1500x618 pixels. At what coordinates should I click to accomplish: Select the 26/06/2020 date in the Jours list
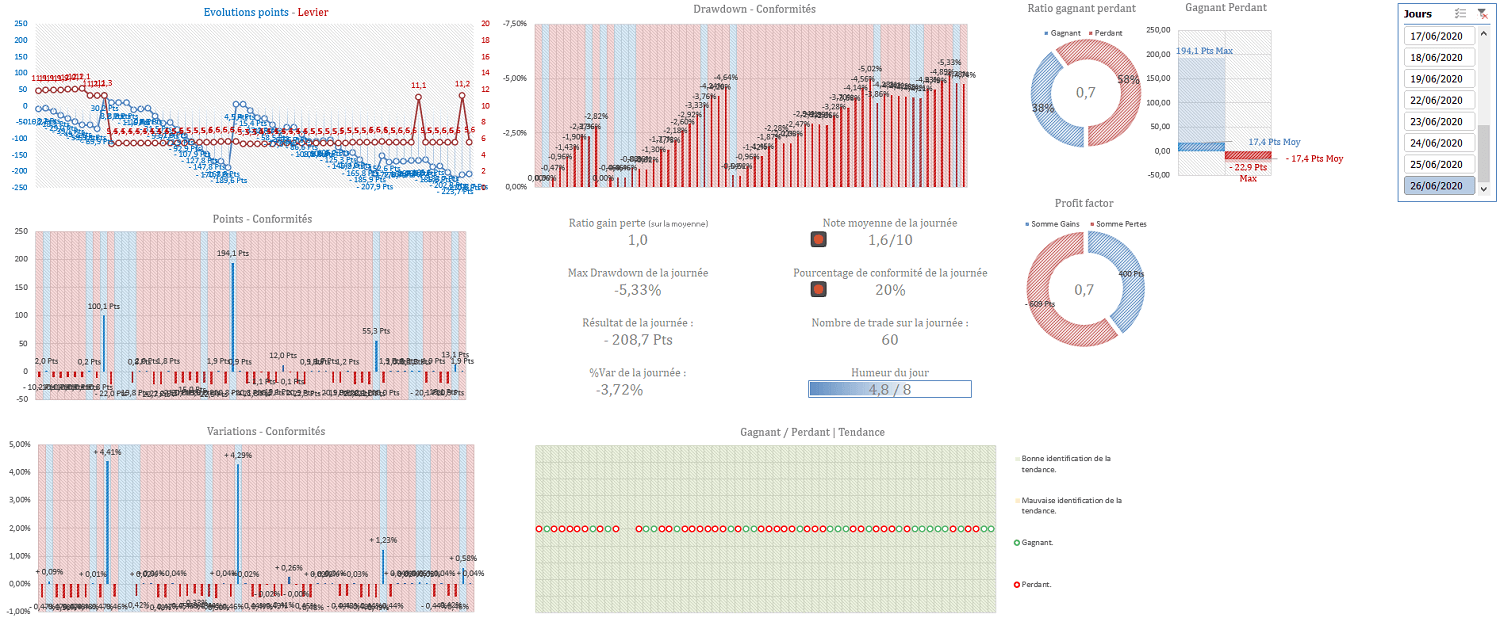(x=1439, y=185)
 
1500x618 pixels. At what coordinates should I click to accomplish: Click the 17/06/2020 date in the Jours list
(x=1439, y=36)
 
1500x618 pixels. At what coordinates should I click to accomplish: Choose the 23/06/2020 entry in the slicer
(x=1439, y=121)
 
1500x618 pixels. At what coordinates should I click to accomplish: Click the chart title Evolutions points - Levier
(x=265, y=13)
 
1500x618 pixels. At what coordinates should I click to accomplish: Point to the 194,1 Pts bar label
(x=233, y=254)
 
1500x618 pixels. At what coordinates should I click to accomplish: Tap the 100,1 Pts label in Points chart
(x=104, y=307)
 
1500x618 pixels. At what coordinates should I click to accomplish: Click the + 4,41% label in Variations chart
(x=108, y=452)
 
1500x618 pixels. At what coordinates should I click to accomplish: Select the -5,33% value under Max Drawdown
(x=638, y=290)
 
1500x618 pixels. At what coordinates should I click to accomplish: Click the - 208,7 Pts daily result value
(x=638, y=340)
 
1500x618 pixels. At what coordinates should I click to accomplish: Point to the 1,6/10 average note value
(x=890, y=240)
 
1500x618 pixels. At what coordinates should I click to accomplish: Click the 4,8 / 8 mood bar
(x=889, y=389)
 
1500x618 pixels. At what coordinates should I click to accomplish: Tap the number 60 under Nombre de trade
(x=889, y=340)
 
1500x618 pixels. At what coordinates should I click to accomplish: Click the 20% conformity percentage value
(x=890, y=290)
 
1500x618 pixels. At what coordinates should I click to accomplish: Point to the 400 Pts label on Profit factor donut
(x=1131, y=274)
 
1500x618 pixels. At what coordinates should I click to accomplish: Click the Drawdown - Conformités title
(x=754, y=9)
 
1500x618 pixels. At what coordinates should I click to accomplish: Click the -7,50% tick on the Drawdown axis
(x=514, y=23)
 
